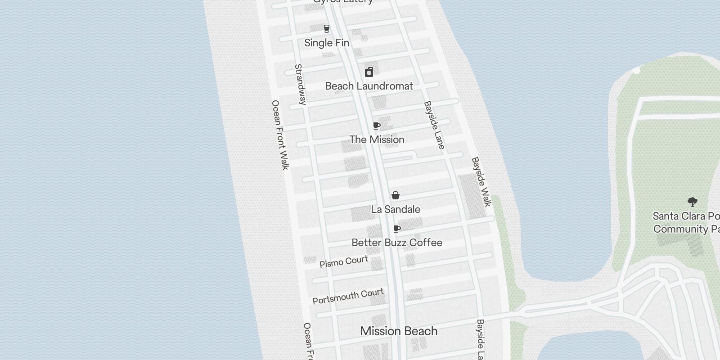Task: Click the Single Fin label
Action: click(327, 43)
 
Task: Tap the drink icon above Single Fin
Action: click(327, 29)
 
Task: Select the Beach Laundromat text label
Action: click(369, 86)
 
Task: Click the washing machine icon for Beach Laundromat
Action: click(369, 72)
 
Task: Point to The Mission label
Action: click(377, 139)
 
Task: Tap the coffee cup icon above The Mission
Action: click(377, 126)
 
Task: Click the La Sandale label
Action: click(396, 209)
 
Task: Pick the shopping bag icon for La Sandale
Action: click(396, 195)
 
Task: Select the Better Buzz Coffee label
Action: click(397, 243)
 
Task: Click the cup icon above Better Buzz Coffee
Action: click(397, 229)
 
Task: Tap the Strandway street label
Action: click(300, 85)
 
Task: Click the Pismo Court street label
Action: click(344, 262)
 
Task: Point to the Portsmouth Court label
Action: click(348, 296)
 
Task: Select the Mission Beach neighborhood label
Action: click(399, 331)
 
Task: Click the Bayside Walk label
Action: click(481, 182)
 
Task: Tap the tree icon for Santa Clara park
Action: click(692, 202)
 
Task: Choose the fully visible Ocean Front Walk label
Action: click(280, 135)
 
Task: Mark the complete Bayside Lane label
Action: click(434, 125)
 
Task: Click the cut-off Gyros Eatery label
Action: click(343, 2)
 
